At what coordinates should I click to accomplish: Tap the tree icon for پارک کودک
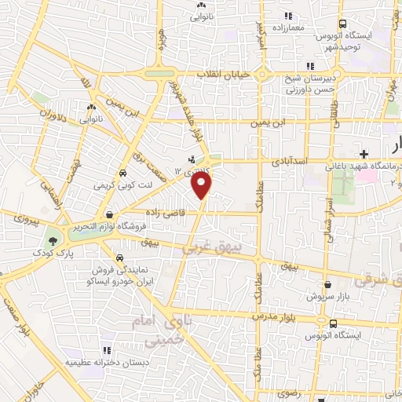coord(53,241)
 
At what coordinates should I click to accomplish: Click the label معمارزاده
coord(288,27)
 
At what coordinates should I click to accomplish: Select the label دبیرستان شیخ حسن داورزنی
coord(312,82)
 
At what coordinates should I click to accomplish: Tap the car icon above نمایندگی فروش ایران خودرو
coord(119,257)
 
